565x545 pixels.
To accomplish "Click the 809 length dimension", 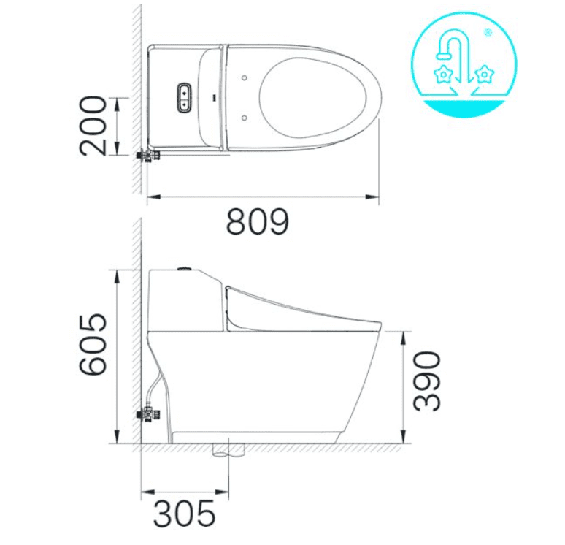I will (x=257, y=221).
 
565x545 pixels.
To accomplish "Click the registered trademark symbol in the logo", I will (x=488, y=32).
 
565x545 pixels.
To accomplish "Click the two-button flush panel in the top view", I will (x=184, y=96).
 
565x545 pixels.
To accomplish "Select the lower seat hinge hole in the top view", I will (x=244, y=115).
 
